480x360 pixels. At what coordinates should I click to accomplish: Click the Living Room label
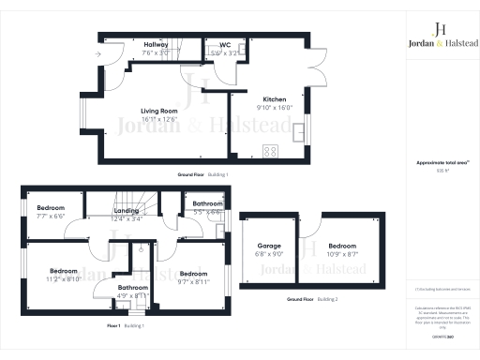tap(158, 111)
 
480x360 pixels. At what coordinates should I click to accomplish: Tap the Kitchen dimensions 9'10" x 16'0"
tap(274, 107)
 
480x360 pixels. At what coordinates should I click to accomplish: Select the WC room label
tap(224, 44)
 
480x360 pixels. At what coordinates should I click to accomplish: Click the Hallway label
tap(156, 44)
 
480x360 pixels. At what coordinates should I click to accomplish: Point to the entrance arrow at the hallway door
tap(97, 53)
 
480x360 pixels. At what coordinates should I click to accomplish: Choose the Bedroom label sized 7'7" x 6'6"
tap(51, 207)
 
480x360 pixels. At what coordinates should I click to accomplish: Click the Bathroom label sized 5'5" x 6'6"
tap(207, 203)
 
